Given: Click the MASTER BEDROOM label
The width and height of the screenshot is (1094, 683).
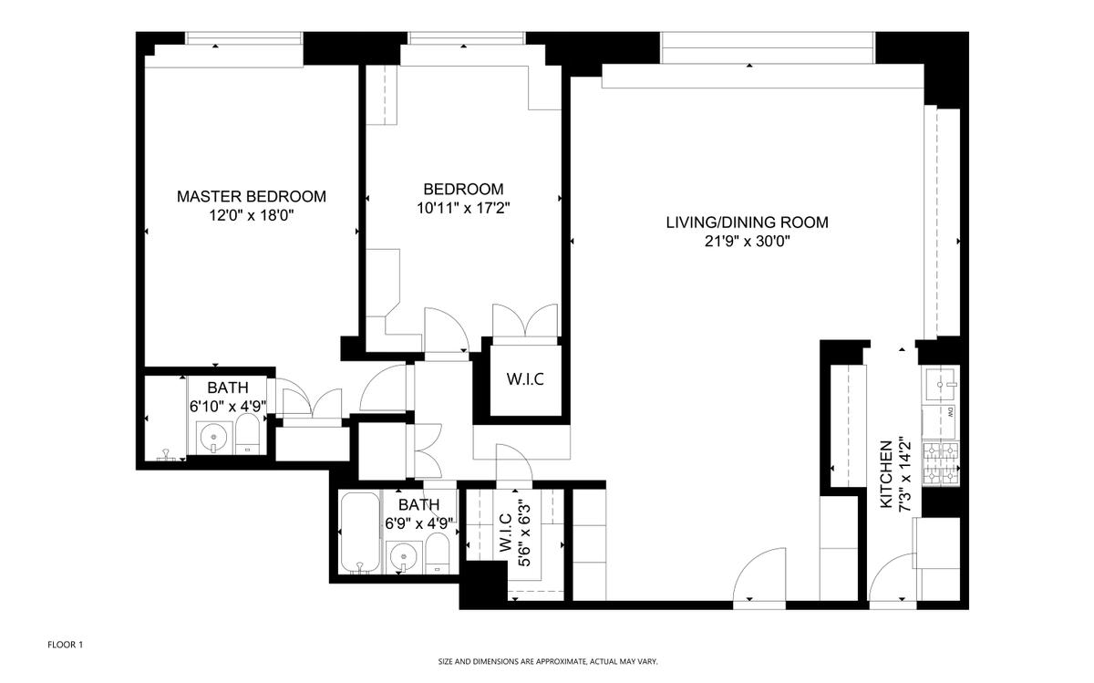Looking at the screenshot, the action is click(251, 196).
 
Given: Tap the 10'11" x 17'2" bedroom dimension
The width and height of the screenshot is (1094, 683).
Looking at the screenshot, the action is click(463, 208).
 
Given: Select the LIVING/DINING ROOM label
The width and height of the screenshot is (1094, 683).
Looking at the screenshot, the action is click(748, 222).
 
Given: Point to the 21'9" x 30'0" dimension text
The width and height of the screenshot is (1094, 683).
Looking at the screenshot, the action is click(748, 242).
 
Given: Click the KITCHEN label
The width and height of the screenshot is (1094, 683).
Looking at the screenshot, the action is click(886, 474).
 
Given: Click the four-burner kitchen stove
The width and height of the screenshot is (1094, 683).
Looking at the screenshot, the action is click(941, 463).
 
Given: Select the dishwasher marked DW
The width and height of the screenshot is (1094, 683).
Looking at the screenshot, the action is click(939, 421).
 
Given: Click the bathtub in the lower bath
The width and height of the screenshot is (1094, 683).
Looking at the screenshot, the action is click(360, 533).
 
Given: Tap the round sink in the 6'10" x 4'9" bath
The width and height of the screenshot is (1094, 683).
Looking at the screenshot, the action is click(213, 436).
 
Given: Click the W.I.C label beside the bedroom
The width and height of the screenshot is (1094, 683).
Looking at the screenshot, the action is click(525, 379).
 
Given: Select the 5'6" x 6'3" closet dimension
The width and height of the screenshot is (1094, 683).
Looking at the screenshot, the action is click(524, 533).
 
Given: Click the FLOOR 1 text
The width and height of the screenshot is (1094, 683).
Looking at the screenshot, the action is click(65, 645).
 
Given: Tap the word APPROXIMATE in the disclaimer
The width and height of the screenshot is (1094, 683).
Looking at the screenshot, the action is click(561, 662).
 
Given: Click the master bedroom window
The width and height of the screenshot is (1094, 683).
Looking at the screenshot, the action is click(244, 38).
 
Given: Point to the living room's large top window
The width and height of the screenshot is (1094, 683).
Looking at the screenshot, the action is click(768, 47).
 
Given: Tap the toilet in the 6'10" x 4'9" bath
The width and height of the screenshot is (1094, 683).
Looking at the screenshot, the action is click(248, 434).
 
